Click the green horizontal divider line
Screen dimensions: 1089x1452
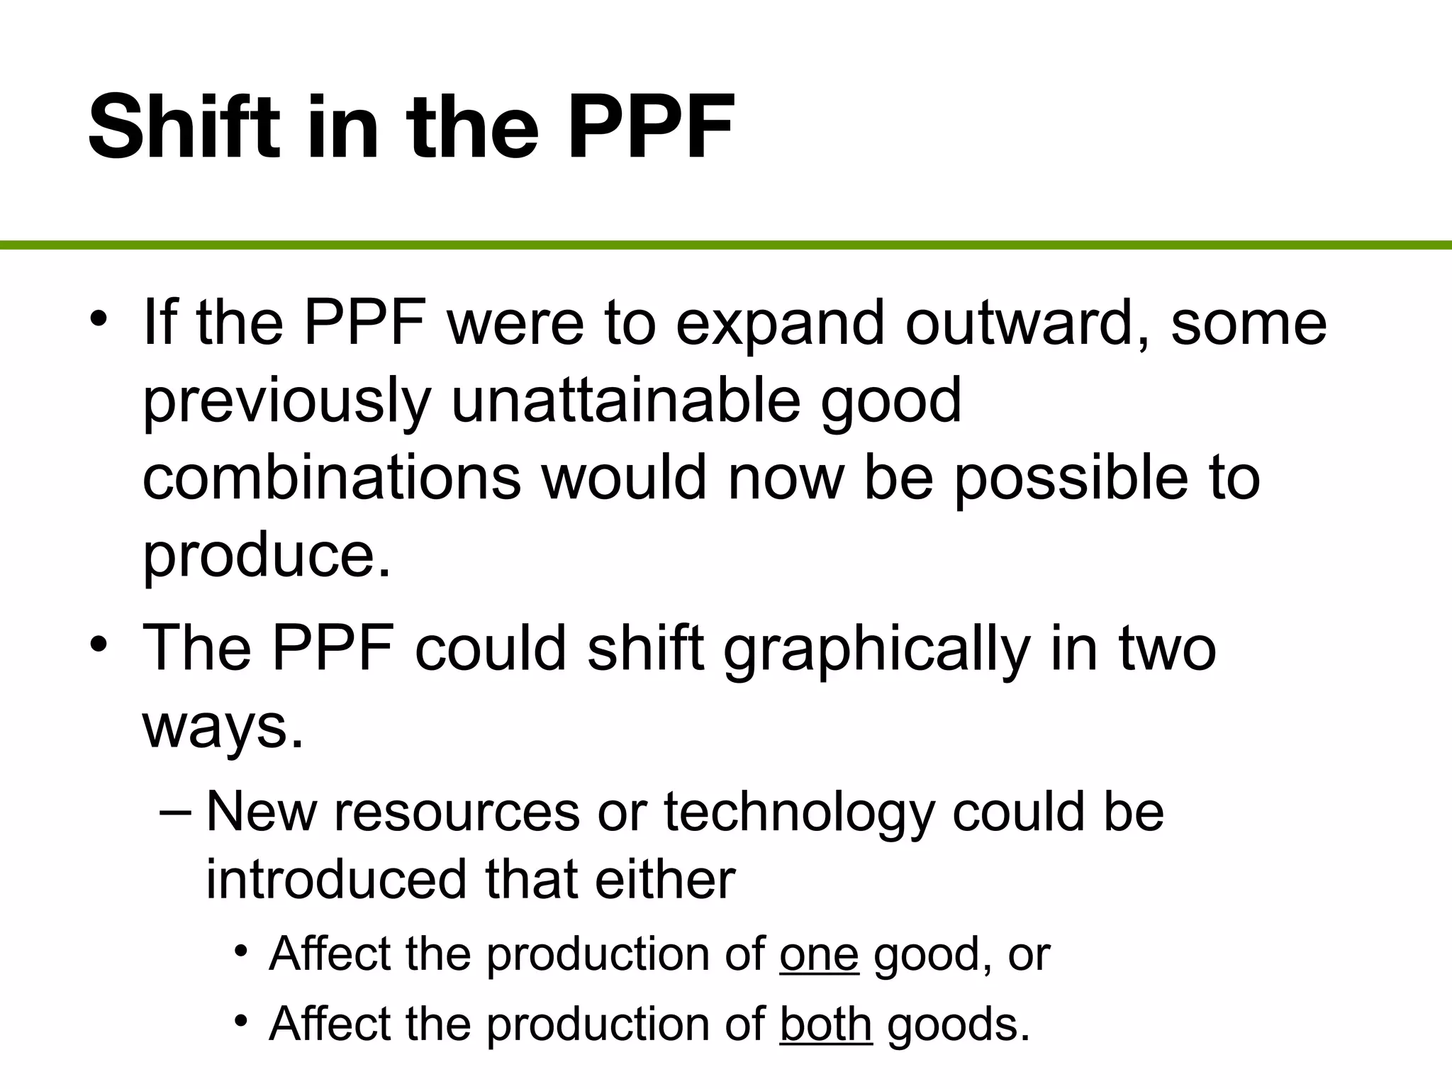[x=726, y=245]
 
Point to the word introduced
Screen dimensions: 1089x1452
[x=336, y=879]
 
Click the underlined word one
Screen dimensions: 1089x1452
[x=819, y=954]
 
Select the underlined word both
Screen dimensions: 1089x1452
[x=825, y=1024]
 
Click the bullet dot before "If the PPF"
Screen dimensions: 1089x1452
[x=99, y=317]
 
